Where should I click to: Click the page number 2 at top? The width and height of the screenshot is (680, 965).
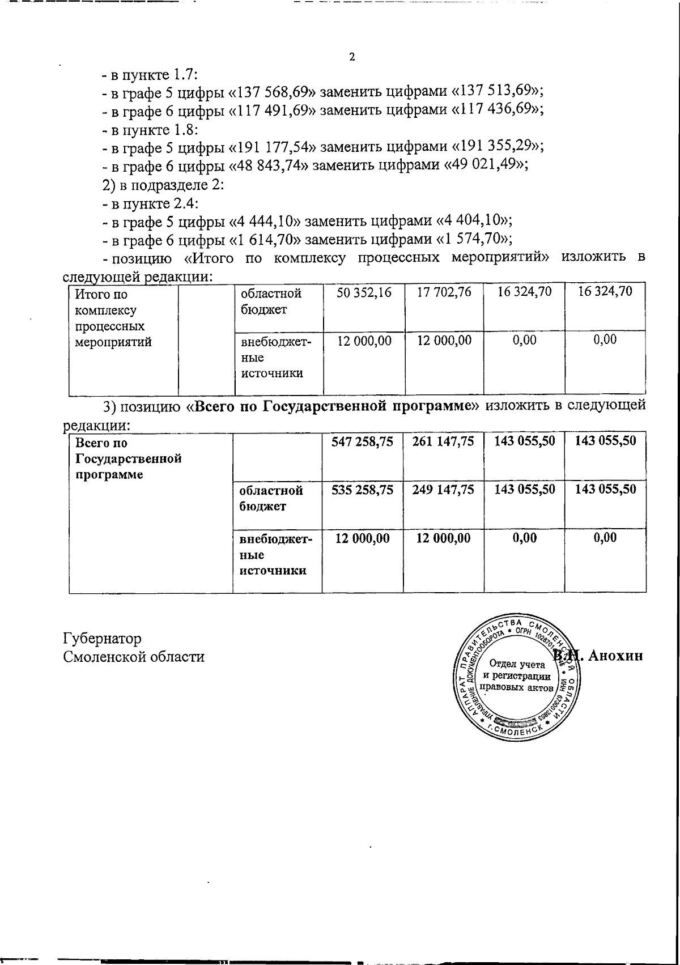point(352,57)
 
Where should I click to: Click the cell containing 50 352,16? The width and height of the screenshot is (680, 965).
point(364,293)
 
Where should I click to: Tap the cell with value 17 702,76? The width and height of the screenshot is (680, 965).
point(444,293)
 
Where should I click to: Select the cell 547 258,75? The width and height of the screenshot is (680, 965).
point(363,442)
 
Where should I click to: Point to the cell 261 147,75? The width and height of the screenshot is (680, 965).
point(444,442)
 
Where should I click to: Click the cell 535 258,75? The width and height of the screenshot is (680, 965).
point(363,490)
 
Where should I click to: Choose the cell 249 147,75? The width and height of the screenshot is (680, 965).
point(444,490)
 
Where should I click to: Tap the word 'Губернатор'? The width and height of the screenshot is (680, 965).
point(101,639)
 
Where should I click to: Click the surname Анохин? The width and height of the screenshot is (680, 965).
point(616,656)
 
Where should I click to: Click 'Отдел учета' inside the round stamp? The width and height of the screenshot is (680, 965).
point(517,664)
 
